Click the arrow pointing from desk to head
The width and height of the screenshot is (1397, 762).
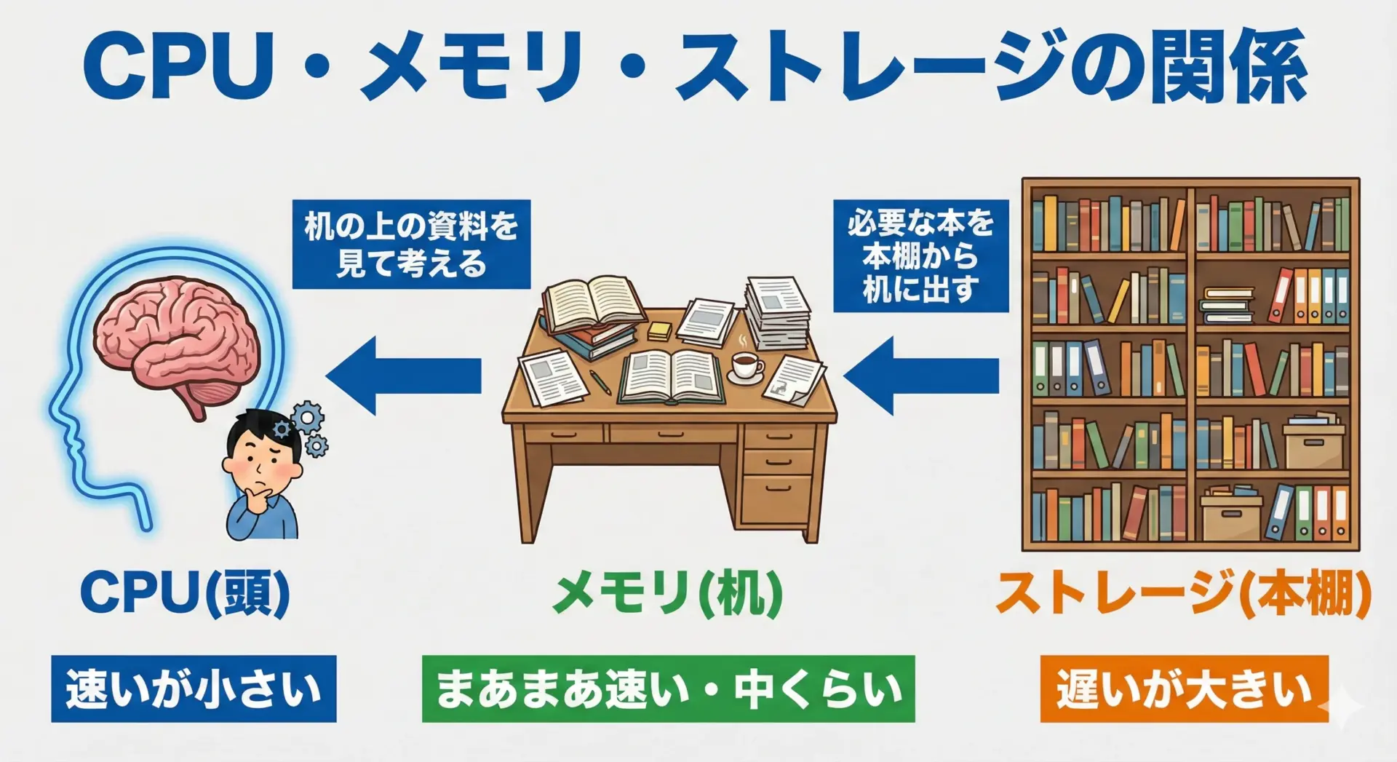pos(404,376)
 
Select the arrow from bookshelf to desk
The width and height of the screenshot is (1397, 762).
pos(921,376)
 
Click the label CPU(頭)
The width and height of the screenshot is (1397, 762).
pos(186,593)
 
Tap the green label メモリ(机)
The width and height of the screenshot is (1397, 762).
pos(667,593)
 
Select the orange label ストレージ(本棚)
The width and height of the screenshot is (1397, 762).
pos(1183,593)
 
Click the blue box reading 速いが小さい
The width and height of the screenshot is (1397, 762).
pos(194,688)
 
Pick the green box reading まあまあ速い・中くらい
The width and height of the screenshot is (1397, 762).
pos(668,688)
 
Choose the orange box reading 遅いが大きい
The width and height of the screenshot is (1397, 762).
pos(1185,688)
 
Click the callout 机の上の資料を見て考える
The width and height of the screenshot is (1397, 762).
pos(411,245)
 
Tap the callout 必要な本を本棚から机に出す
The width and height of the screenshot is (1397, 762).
pos(921,256)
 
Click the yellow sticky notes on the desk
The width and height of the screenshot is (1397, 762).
pos(660,330)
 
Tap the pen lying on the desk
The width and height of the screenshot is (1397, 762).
pos(600,381)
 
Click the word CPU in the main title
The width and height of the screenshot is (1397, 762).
pos(179,67)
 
